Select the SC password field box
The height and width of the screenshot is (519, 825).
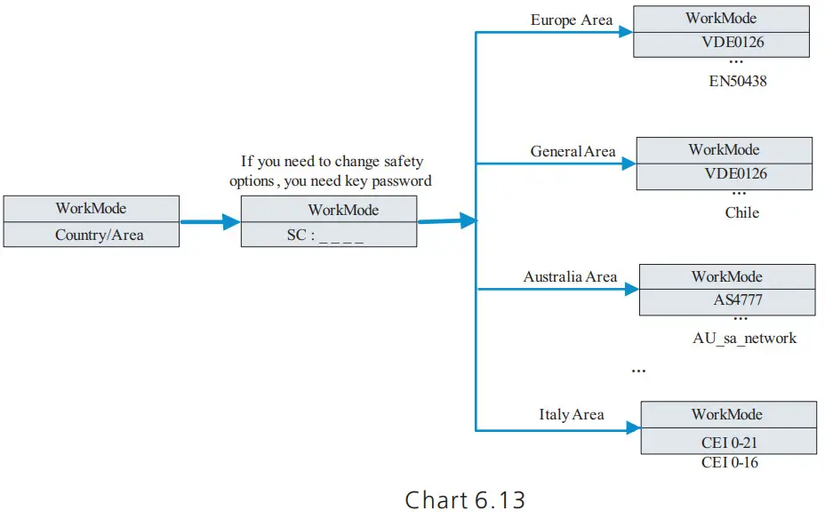click(329, 235)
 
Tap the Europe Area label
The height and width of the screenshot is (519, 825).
click(571, 20)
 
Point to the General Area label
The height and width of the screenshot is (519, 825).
click(573, 151)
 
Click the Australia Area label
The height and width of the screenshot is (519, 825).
click(570, 276)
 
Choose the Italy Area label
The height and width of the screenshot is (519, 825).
click(571, 414)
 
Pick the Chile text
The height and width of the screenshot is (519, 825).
click(741, 212)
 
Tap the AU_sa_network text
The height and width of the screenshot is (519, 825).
click(744, 338)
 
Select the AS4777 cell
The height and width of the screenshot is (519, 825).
click(726, 300)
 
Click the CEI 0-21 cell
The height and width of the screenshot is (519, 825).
click(728, 443)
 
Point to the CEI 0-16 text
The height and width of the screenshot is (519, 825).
click(729, 462)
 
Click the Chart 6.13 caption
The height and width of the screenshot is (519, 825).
click(465, 499)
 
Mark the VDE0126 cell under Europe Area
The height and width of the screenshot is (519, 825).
click(721, 43)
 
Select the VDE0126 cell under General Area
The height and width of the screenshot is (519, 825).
click(724, 174)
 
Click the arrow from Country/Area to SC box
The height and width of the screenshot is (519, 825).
click(210, 222)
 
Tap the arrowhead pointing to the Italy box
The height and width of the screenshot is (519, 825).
click(632, 427)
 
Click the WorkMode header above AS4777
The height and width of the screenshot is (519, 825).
click(726, 276)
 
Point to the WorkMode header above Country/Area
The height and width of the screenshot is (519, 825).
click(91, 209)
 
